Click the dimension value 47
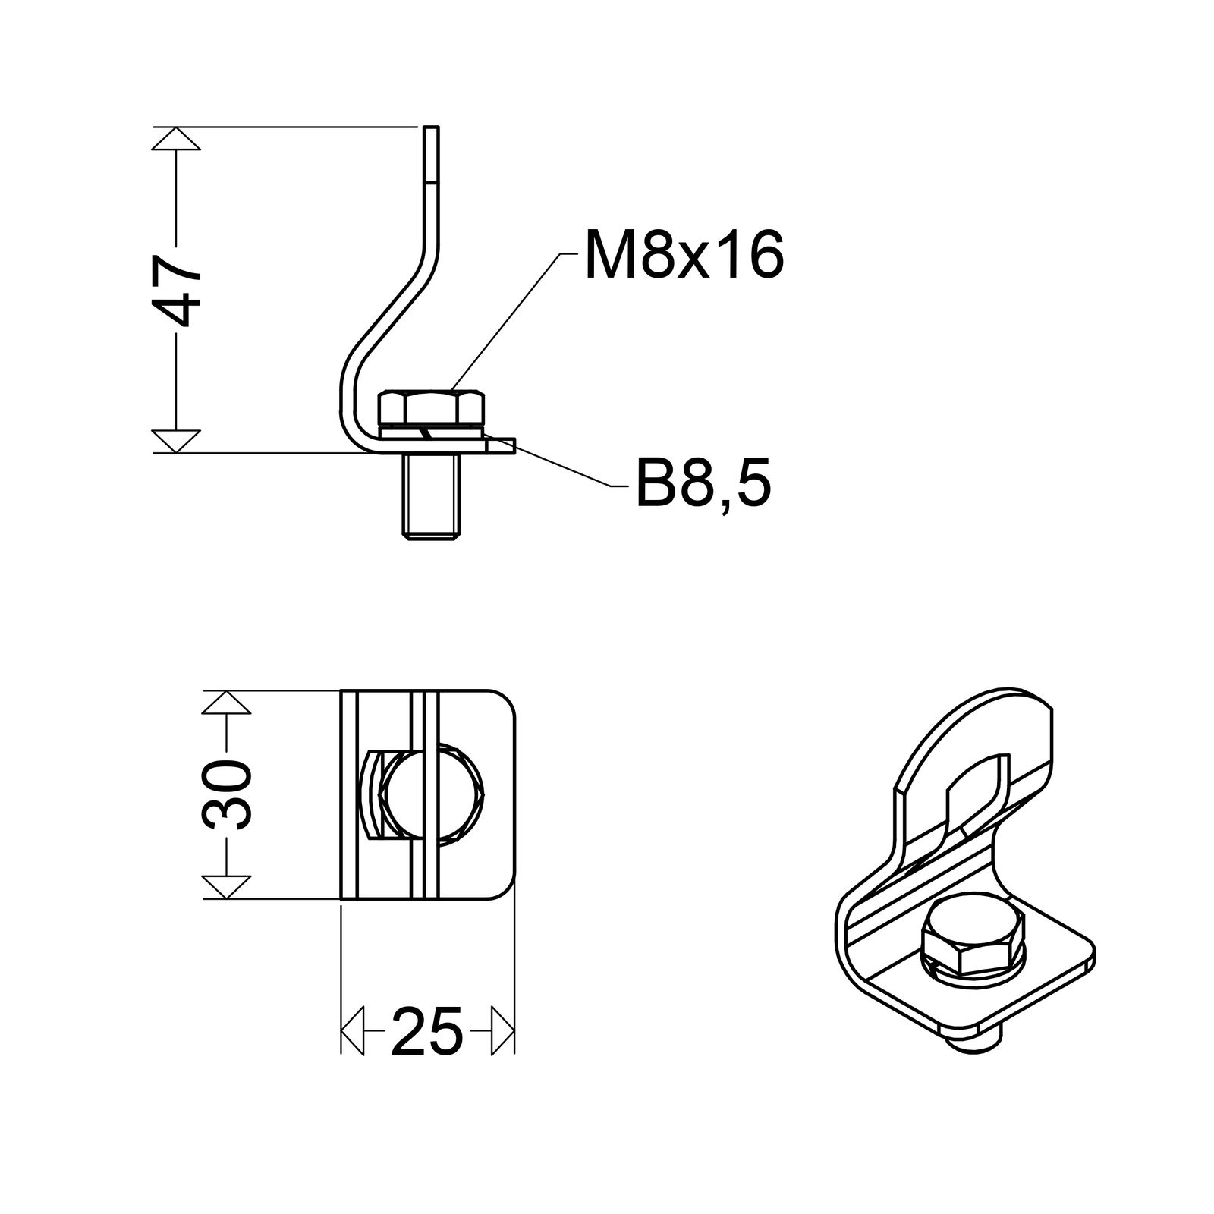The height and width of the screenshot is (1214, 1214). (x=176, y=290)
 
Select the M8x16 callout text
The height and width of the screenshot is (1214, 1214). (x=683, y=256)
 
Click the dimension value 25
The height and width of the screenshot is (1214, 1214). (x=427, y=1033)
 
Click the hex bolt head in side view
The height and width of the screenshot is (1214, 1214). (x=430, y=407)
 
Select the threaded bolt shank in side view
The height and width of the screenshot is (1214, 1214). (x=431, y=496)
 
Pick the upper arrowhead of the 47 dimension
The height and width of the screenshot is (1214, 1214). (x=176, y=139)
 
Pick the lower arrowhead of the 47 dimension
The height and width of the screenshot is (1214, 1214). (x=176, y=441)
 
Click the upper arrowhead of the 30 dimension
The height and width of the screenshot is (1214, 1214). (x=226, y=703)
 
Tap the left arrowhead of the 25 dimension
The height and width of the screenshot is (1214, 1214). (x=353, y=1031)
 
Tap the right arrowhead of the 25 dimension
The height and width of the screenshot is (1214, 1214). (x=503, y=1031)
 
